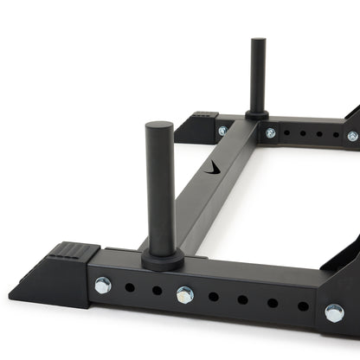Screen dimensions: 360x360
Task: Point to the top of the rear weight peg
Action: pyautogui.click(x=257, y=42)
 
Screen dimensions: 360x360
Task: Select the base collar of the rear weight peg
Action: pyautogui.click(x=257, y=113)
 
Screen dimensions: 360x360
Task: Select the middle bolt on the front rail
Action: pyautogui.click(x=184, y=294)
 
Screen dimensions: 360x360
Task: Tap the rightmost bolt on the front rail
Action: pyautogui.click(x=334, y=312)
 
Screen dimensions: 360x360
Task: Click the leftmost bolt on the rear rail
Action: pyautogui.click(x=223, y=131)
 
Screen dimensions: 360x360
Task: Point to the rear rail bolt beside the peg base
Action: pyautogui.click(x=271, y=132)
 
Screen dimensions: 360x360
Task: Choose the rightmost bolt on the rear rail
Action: pyautogui.click(x=352, y=136)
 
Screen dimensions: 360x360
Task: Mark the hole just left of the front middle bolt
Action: pyautogui.click(x=157, y=290)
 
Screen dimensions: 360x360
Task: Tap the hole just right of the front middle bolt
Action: pyautogui.click(x=214, y=296)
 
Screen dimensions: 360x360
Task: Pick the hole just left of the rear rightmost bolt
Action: pyautogui.click(x=334, y=135)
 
